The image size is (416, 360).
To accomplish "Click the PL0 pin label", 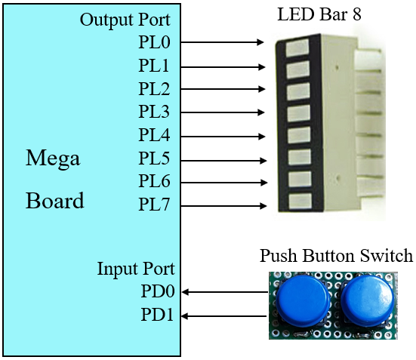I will (154, 43).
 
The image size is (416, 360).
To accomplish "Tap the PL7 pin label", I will (154, 206).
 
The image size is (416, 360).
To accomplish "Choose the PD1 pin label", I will (157, 315).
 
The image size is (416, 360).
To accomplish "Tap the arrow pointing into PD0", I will (224, 292).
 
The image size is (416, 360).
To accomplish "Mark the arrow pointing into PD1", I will (224, 315).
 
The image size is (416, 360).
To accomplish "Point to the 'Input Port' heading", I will (136, 269).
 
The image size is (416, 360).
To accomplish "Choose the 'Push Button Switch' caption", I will (336, 256).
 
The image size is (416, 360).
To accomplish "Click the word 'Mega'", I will (53, 159).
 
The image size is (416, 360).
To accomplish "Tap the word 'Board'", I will (55, 202).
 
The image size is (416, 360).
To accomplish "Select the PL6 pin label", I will (154, 183).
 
